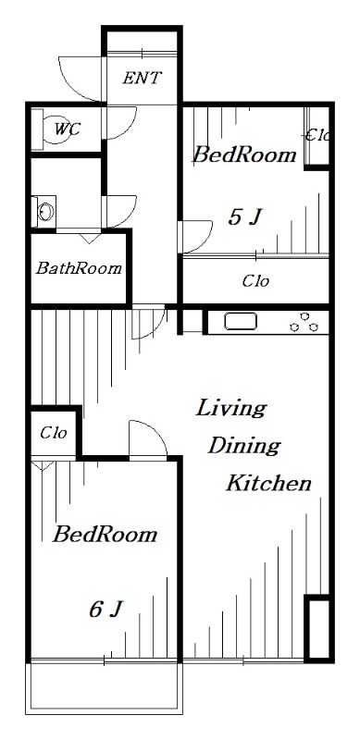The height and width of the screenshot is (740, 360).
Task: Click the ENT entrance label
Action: tap(143, 78)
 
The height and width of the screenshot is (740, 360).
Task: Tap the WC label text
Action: tap(67, 129)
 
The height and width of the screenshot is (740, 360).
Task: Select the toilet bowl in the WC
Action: tap(54, 129)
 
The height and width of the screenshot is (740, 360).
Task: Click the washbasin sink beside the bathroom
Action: tap(44, 212)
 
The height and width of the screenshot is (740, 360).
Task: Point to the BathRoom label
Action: tap(79, 268)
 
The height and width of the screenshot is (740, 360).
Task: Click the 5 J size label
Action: tap(244, 217)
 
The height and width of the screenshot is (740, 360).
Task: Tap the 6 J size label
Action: tap(106, 610)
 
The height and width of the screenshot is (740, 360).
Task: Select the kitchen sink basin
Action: tap(241, 321)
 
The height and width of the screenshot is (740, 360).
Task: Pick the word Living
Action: tap(231, 409)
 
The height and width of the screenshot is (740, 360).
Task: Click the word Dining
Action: tap(244, 446)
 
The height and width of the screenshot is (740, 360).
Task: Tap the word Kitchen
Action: tap(268, 483)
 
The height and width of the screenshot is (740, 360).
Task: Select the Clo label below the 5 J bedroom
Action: tap(255, 281)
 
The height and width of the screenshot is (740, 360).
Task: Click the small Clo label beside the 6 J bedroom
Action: tap(53, 432)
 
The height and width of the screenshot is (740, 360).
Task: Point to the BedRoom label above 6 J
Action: tap(105, 535)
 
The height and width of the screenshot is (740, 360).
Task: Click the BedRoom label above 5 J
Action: tap(244, 154)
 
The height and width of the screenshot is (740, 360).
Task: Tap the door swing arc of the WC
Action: tap(129, 130)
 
